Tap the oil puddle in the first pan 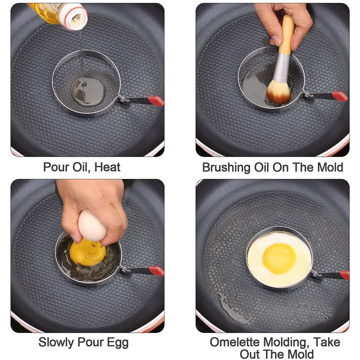pos(88,91)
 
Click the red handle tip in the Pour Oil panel pos(156,101)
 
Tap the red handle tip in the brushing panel pos(340,96)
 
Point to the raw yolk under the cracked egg pos(88,253)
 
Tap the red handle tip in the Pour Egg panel pos(157,271)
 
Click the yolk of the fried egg pos(279,259)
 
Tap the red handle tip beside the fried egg pos(345,275)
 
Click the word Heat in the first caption pos(107,167)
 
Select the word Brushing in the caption pos(226,168)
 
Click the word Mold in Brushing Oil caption pos(330,167)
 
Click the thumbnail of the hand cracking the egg pos(87,256)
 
